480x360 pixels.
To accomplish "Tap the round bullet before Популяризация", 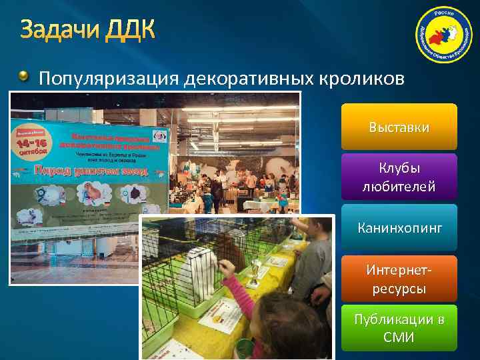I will (25, 79).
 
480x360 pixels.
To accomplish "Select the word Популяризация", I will (110, 79).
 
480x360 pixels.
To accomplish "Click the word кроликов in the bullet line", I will (361, 79).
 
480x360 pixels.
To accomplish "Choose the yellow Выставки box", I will (399, 127).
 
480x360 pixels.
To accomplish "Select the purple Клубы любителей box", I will (399, 177).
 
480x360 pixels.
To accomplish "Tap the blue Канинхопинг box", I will (399, 228).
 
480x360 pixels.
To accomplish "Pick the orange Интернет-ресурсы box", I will (399, 279).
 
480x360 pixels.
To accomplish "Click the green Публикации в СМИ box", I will (399, 328).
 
